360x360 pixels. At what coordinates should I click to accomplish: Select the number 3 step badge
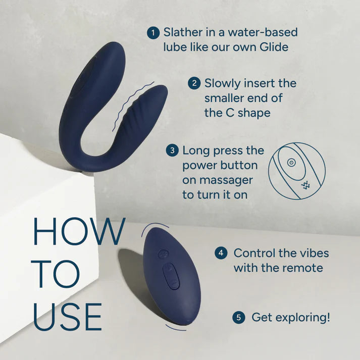[173, 150]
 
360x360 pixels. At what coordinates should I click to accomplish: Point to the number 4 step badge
[220, 253]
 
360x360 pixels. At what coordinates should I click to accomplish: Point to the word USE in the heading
[67, 317]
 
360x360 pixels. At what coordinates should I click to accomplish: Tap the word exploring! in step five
[302, 318]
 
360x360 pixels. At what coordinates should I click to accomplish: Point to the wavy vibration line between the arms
[127, 106]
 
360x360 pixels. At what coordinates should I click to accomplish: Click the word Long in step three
[197, 150]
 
